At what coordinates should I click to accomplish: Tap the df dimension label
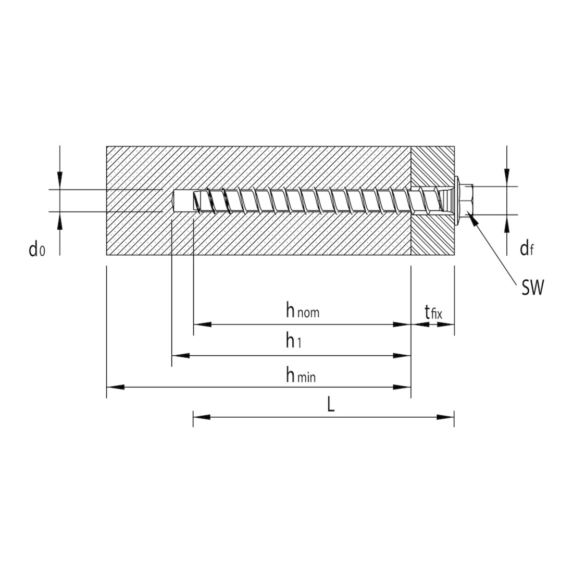pos(527,249)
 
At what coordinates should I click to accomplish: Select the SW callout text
pos(532,288)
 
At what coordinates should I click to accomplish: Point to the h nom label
pos(303,311)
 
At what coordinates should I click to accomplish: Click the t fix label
pos(433,313)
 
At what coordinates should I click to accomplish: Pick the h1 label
pos(294,341)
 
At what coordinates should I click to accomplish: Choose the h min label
pos(301,375)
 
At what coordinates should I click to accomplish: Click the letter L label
pos(331,405)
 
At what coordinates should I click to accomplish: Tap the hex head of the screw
pos(468,200)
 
